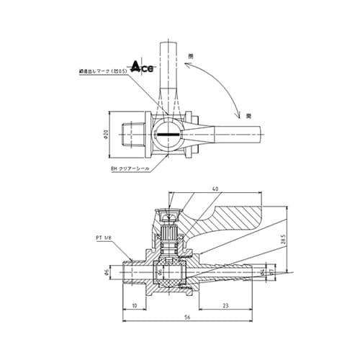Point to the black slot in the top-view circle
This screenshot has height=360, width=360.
point(167,136)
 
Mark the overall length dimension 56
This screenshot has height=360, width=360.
point(187,318)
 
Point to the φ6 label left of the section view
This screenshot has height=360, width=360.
point(107,274)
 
